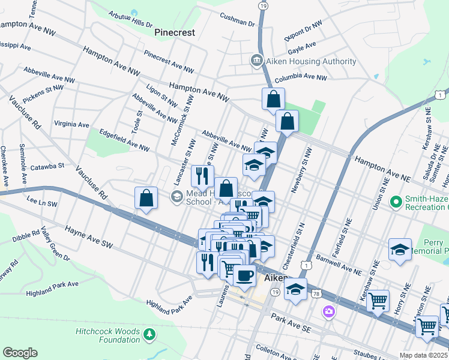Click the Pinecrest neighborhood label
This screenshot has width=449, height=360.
click(174, 32)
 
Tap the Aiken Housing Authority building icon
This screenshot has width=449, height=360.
click(256, 61)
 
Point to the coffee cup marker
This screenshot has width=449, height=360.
click(244, 276)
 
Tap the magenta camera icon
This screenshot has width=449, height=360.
click(328, 311)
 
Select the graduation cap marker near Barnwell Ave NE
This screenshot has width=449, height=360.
click(400, 249)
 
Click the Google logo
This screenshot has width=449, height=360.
click(20, 353)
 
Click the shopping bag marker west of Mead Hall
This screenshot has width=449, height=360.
click(146, 198)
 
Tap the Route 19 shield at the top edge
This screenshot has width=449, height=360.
click(263, 5)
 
